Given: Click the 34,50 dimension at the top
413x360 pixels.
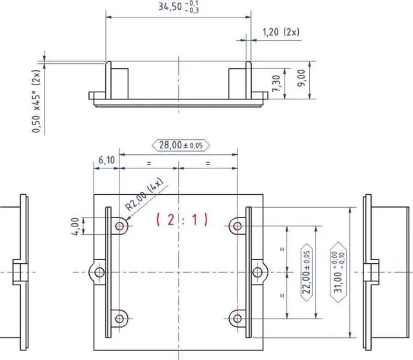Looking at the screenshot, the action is (x=178, y=7).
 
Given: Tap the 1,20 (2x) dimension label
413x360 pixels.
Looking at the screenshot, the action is (x=281, y=32).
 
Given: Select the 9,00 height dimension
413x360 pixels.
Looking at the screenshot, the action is (x=301, y=78).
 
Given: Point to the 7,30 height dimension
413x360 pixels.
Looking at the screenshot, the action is (x=277, y=83).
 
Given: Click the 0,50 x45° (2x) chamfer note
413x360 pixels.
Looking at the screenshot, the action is (x=36, y=101).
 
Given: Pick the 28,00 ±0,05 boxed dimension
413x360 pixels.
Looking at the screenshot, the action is (x=181, y=145).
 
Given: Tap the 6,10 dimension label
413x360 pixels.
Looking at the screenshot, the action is (x=106, y=160).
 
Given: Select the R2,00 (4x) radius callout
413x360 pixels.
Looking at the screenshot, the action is (x=144, y=194).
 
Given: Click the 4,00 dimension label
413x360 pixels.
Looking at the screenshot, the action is (x=76, y=226).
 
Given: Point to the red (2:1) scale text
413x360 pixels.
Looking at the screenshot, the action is (x=182, y=219).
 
